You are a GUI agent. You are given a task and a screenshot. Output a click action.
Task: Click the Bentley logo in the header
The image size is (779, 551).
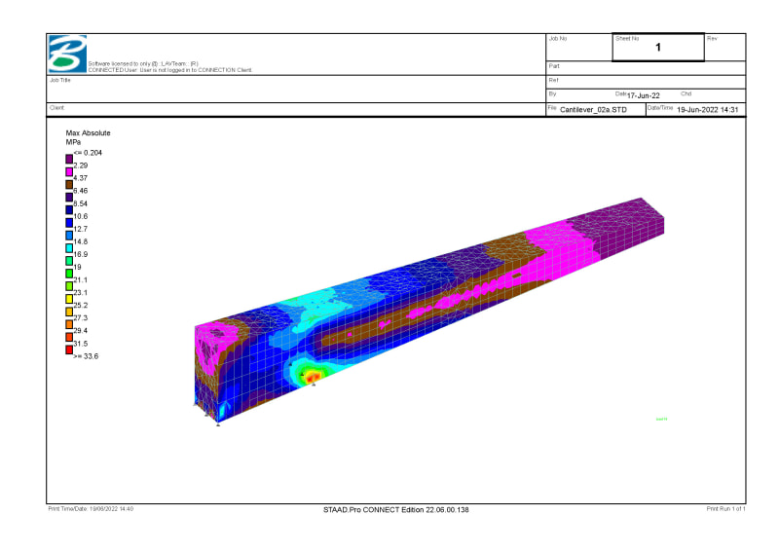(x=68, y=55)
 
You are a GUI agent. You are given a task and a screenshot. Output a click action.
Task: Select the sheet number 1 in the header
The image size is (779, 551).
(x=658, y=47)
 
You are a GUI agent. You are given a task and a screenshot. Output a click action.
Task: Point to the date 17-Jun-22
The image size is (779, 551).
(x=644, y=95)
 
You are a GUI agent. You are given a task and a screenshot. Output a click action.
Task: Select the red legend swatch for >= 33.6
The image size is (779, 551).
(x=69, y=349)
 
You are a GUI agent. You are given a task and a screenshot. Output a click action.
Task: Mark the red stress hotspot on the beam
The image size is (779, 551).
(x=312, y=376)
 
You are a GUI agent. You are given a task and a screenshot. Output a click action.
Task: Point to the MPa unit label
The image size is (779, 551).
(x=73, y=142)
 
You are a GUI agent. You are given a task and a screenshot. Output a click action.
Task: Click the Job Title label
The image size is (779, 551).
(x=60, y=80)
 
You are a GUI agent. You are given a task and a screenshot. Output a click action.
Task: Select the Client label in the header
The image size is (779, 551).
(x=56, y=107)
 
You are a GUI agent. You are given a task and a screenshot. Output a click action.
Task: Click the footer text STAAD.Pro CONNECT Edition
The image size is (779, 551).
(x=396, y=509)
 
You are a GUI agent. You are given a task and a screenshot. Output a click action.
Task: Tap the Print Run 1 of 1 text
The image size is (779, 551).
(x=725, y=509)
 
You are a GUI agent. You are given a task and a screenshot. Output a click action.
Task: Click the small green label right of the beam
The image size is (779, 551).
(x=661, y=420)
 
